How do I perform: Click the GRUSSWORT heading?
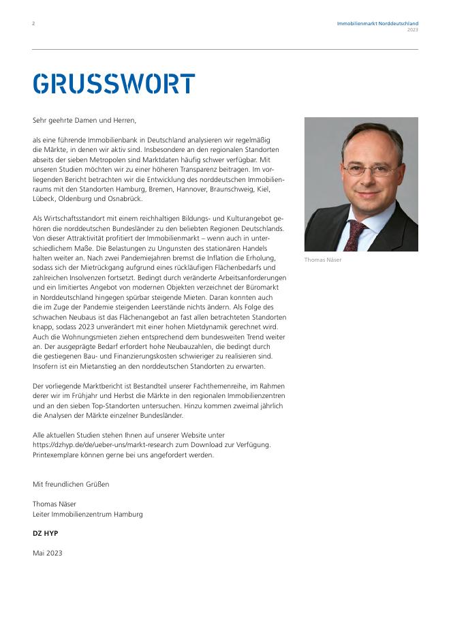(x=114, y=84)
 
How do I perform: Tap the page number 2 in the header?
(x=33, y=23)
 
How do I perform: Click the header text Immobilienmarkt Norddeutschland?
(x=377, y=23)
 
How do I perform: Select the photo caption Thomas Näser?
(x=323, y=260)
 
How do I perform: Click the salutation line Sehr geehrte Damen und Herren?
(x=84, y=120)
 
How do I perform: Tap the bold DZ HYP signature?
(x=46, y=533)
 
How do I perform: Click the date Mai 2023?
(x=47, y=553)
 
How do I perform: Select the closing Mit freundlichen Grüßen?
(x=71, y=484)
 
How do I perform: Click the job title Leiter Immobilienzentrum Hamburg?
(x=88, y=514)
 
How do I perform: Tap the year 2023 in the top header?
(x=413, y=30)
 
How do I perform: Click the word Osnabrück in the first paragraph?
(x=123, y=198)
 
